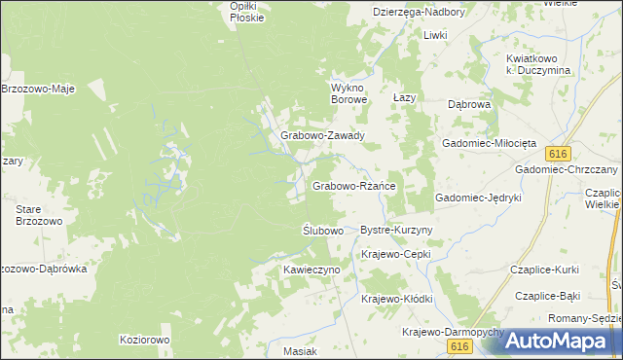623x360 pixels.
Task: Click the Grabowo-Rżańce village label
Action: click(351, 185)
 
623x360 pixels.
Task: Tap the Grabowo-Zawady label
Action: click(322, 136)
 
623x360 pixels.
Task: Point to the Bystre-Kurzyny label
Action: click(396, 230)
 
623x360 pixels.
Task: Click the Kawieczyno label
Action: click(311, 268)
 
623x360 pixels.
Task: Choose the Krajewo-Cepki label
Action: click(395, 254)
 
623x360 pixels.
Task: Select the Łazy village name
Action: click(404, 98)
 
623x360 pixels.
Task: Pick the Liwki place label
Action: click(434, 35)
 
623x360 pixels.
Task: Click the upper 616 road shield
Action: click(557, 155)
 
